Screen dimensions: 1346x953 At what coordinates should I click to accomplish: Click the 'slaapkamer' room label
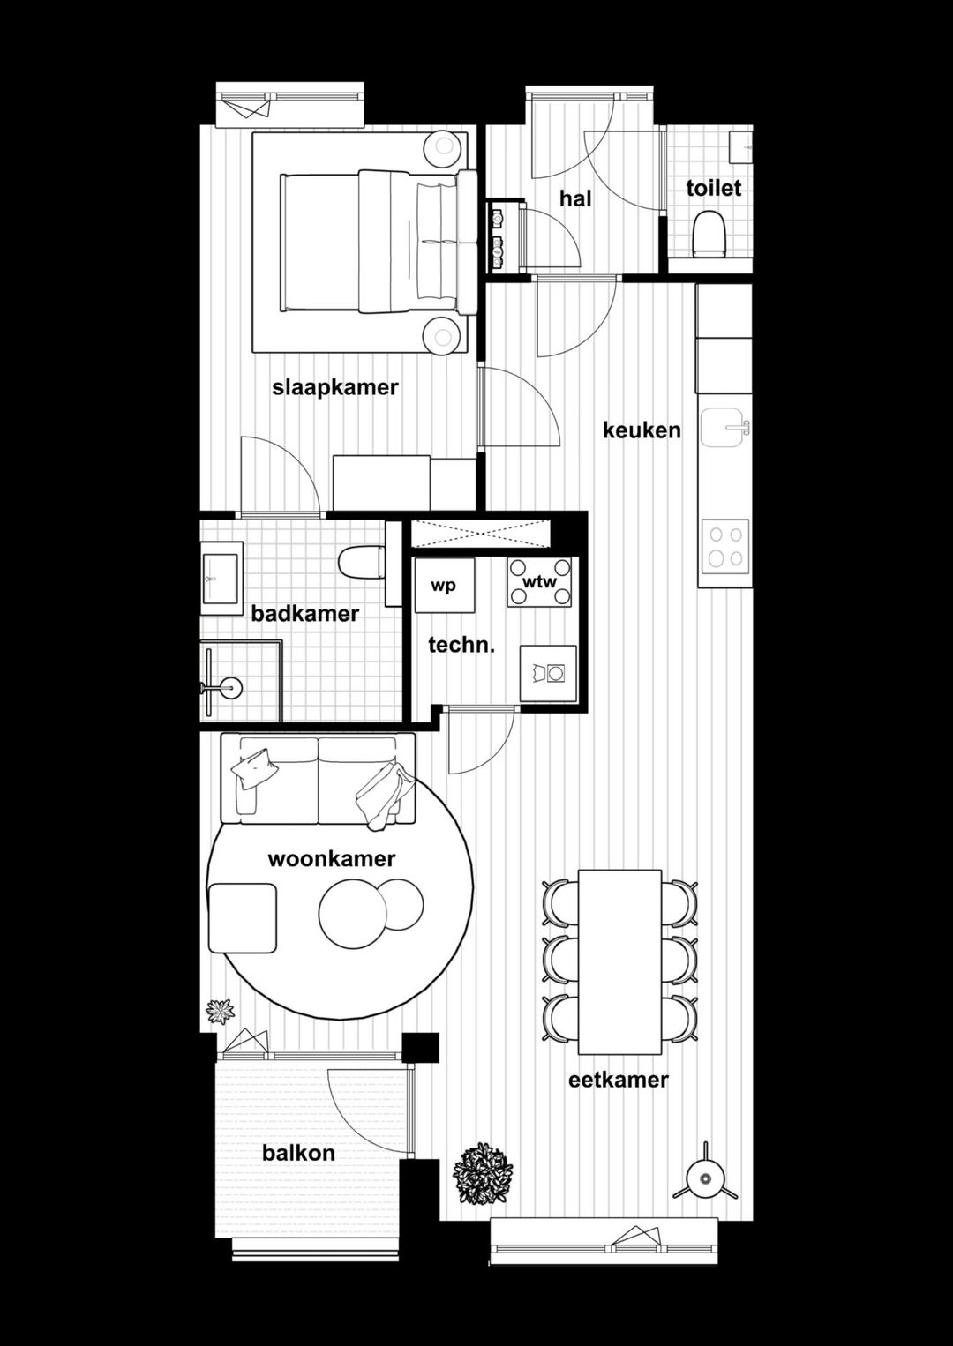tap(335, 387)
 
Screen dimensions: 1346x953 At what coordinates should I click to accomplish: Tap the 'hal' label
tap(575, 198)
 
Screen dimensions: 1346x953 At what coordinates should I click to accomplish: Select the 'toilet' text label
tap(713, 188)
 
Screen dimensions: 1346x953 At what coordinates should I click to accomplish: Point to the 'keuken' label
tap(642, 430)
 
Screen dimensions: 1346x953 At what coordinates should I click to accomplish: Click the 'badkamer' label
tap(304, 614)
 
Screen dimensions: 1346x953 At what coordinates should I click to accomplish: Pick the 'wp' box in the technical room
tap(444, 585)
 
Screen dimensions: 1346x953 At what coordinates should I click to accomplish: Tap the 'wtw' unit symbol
tap(539, 582)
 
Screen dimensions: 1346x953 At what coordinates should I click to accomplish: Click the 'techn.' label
tap(461, 645)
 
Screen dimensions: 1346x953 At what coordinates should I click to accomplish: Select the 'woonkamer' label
tap(331, 858)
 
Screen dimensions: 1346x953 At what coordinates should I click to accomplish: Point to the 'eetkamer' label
tap(618, 1080)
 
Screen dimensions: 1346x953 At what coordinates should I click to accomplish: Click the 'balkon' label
tap(298, 1153)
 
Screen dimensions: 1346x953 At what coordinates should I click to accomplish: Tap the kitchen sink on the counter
tap(724, 429)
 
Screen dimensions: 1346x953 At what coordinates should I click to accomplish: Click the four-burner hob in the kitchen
tap(725, 545)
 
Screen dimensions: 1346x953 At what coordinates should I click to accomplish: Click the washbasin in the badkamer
tap(221, 577)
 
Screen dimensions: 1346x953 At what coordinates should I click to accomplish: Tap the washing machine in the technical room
tap(548, 674)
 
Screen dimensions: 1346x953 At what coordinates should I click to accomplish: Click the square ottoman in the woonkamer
tap(243, 917)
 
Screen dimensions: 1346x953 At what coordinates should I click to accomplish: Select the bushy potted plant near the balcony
tap(482, 1173)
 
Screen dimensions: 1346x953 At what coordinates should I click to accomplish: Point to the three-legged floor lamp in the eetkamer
tap(705, 1177)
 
